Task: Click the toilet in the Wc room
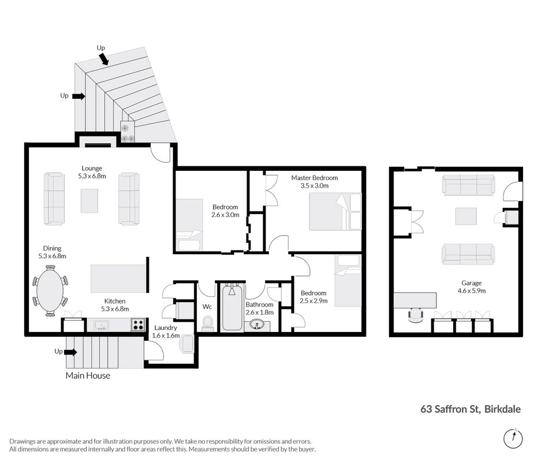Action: pyautogui.click(x=207, y=323)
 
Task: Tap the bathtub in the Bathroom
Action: pyautogui.click(x=232, y=308)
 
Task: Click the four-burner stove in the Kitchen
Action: pyautogui.click(x=138, y=325)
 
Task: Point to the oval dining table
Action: pyautogui.click(x=50, y=290)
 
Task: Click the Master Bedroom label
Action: pyautogui.click(x=315, y=178)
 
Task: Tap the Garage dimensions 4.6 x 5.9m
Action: pyautogui.click(x=471, y=290)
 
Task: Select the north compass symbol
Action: pyautogui.click(x=513, y=438)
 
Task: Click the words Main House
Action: pyautogui.click(x=88, y=375)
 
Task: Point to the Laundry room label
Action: pyautogui.click(x=166, y=327)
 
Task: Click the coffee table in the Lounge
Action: pyautogui.click(x=89, y=201)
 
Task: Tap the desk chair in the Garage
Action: pyautogui.click(x=416, y=315)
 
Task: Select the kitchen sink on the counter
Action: pyautogui.click(x=101, y=325)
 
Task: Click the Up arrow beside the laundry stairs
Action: pyautogui.click(x=70, y=352)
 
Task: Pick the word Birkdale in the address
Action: pyautogui.click(x=502, y=409)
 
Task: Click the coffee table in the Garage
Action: pyautogui.click(x=466, y=216)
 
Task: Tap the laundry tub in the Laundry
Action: pyautogui.click(x=187, y=344)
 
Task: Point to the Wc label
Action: pyautogui.click(x=207, y=307)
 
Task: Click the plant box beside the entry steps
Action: pyautogui.click(x=128, y=132)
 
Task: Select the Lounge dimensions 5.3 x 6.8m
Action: pyautogui.click(x=92, y=176)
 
